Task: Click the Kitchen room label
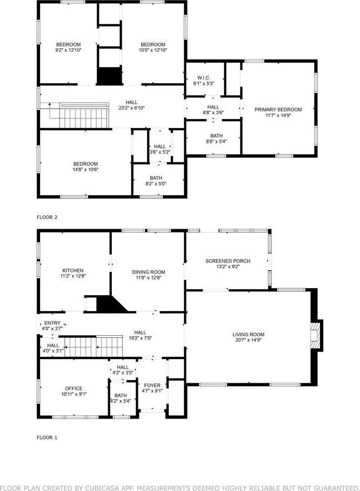click(73, 271)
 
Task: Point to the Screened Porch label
click(228, 261)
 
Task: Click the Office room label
click(74, 388)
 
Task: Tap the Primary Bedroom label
click(278, 109)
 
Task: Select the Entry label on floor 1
click(52, 323)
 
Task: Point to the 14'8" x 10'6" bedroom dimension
click(86, 170)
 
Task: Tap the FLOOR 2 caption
click(47, 217)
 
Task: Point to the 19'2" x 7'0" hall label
click(141, 336)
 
